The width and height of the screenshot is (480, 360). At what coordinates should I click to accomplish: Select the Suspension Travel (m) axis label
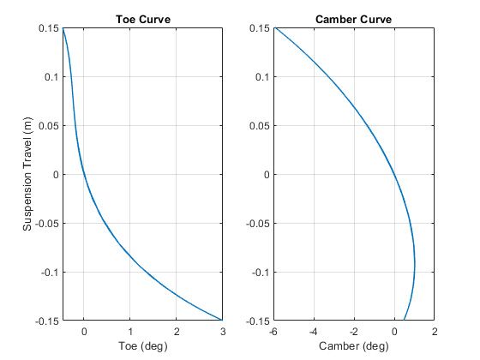point(28,174)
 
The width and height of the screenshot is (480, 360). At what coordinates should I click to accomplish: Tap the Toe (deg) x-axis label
point(142,345)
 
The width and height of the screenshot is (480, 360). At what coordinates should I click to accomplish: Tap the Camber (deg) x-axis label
point(353,345)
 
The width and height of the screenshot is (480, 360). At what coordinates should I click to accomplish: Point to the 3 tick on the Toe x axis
point(222,331)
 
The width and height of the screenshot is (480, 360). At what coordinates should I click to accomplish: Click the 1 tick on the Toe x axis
point(129,331)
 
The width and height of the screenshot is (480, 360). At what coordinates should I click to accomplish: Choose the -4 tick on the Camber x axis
point(314,331)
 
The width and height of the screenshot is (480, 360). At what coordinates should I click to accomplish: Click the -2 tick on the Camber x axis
point(354,331)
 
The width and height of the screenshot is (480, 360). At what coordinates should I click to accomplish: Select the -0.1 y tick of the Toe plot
point(51,273)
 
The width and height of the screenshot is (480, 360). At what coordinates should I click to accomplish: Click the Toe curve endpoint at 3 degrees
point(222,321)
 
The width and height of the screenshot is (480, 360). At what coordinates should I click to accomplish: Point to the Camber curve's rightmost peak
point(415,266)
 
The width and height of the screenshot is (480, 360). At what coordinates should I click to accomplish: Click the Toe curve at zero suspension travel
point(82,174)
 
